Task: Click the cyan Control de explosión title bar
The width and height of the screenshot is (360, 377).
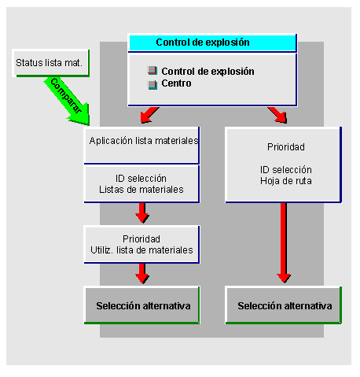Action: (x=211, y=43)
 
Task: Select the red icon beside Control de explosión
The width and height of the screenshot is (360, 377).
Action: (x=152, y=71)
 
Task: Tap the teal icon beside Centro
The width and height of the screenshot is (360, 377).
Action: (x=152, y=83)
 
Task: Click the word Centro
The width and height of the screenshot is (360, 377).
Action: (x=176, y=83)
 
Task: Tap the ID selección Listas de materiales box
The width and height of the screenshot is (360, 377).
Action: (x=142, y=184)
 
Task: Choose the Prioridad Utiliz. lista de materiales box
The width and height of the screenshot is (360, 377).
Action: (x=142, y=244)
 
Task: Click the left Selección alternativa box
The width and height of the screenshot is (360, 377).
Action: (x=142, y=305)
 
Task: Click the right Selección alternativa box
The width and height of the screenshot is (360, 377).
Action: (x=284, y=305)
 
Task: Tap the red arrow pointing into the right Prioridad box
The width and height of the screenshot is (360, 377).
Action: (x=277, y=116)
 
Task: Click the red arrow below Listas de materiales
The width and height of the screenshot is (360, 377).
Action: (x=142, y=213)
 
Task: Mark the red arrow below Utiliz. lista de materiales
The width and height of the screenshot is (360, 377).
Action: (x=142, y=273)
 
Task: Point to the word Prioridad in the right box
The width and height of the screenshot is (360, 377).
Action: (x=285, y=146)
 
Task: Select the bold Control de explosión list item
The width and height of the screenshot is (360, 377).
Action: (x=208, y=71)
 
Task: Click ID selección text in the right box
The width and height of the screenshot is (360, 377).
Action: (x=285, y=168)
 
